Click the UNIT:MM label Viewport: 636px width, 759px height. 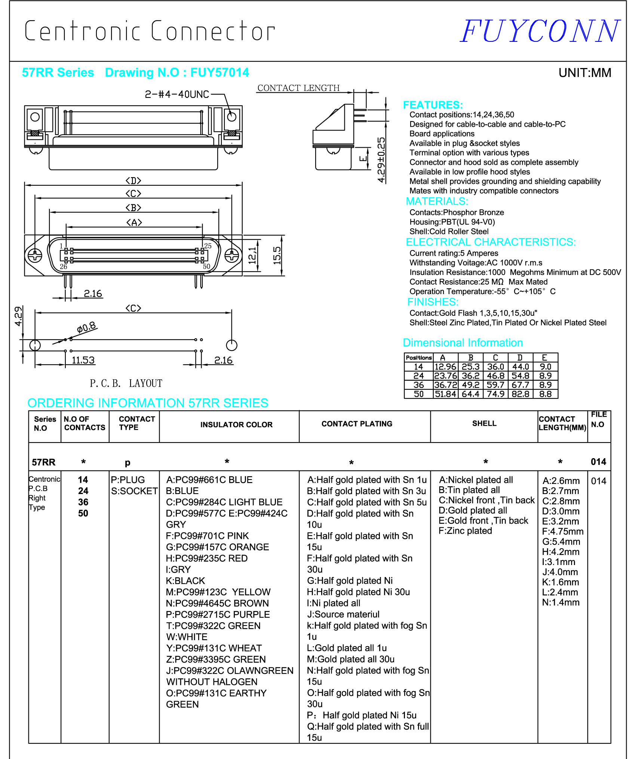[x=584, y=72]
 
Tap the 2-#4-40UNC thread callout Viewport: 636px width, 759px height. [x=177, y=94]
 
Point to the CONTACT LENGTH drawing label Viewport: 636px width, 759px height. [x=298, y=88]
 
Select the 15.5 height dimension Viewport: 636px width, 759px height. [x=277, y=255]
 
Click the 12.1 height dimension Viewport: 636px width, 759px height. [x=253, y=255]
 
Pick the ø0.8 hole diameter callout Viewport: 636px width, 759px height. [x=86, y=328]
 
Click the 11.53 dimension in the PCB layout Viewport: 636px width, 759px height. [x=83, y=360]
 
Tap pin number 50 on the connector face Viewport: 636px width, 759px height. [x=206, y=266]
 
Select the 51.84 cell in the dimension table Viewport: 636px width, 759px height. [x=445, y=394]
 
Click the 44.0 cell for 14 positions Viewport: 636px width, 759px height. [x=520, y=367]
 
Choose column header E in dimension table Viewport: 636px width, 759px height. [x=544, y=358]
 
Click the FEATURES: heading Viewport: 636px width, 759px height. [x=433, y=105]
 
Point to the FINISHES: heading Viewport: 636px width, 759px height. [x=433, y=302]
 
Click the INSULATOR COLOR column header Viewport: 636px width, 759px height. [x=236, y=425]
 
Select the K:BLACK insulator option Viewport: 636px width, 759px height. [x=185, y=581]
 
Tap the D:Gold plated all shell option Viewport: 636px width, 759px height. [x=473, y=510]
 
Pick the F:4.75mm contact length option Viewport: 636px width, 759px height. [x=562, y=531]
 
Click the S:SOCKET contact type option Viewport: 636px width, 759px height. [x=134, y=491]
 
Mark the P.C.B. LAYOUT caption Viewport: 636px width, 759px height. [x=126, y=383]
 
